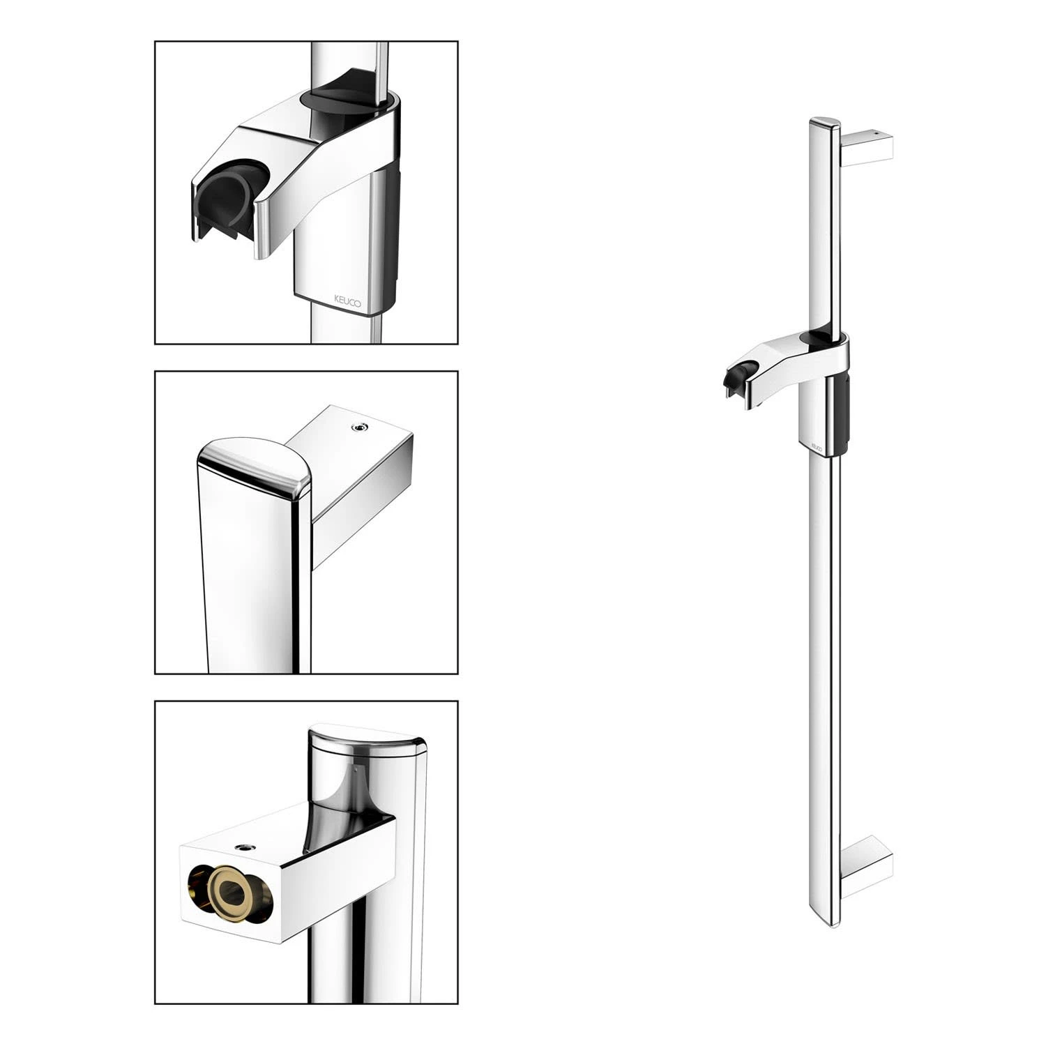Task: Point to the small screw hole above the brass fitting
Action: click(x=244, y=848)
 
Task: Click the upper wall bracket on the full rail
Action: click(x=868, y=147)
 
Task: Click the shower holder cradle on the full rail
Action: click(x=739, y=379)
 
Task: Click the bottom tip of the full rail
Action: click(x=831, y=925)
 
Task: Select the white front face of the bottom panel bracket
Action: click(x=230, y=895)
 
